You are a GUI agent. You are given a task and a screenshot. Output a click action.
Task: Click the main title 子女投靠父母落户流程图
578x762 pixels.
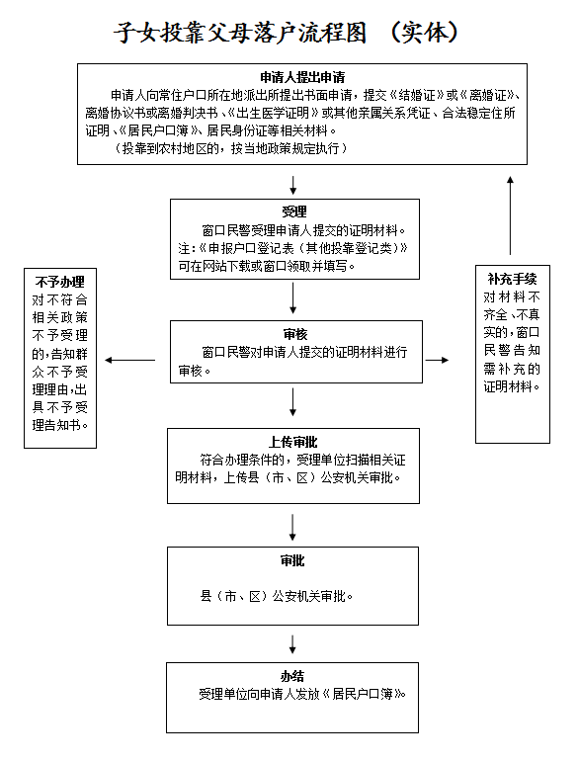[240, 33]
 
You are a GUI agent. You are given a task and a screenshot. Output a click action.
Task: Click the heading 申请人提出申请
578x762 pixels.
[302, 77]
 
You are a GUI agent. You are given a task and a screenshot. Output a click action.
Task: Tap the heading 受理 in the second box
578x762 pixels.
[294, 212]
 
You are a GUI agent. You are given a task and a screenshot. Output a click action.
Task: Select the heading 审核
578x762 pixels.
[295, 334]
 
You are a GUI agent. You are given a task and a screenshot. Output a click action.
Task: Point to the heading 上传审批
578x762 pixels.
[292, 442]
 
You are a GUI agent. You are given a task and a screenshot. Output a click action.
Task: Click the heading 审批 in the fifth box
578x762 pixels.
[292, 560]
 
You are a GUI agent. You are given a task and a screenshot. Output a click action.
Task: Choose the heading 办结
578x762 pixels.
[292, 676]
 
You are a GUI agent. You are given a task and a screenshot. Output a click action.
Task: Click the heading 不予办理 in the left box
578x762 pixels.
[59, 282]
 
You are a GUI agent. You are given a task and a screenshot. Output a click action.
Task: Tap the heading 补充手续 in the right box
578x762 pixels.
[513, 279]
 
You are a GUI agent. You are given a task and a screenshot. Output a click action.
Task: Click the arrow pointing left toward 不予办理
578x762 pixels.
[129, 360]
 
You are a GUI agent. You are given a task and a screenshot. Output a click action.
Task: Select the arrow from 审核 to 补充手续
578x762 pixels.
[437, 360]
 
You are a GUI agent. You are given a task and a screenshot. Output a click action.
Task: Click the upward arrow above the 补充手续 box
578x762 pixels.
[510, 215]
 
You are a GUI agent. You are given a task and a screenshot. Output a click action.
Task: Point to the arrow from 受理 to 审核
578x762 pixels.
[292, 298]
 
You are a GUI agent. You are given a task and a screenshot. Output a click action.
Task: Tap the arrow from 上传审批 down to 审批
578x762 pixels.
[292, 528]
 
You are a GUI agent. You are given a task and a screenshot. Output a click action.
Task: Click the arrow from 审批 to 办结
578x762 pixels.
[292, 644]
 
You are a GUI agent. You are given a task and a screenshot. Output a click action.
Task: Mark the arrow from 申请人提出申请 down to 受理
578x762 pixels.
[292, 185]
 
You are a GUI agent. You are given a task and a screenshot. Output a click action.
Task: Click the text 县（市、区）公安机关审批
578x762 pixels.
[276, 596]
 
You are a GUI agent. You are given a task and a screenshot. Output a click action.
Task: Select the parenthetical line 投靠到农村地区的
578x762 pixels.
[230, 148]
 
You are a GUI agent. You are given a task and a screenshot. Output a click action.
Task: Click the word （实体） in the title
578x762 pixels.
[424, 33]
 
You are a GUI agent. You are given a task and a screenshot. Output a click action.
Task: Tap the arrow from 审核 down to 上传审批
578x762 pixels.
[292, 402]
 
